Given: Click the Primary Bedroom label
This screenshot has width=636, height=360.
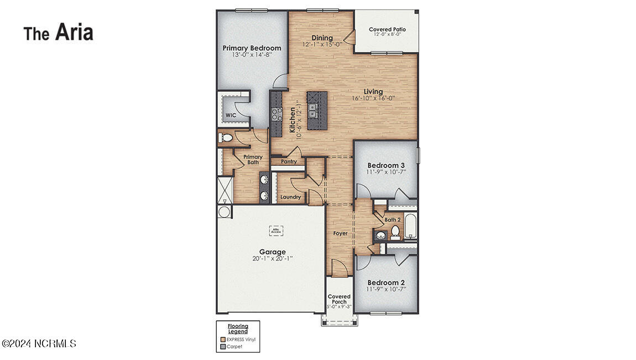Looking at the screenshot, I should [x=252, y=48].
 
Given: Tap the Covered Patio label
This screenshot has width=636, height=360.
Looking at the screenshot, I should [x=387, y=29].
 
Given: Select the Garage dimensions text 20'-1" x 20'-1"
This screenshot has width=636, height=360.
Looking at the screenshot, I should [x=273, y=258].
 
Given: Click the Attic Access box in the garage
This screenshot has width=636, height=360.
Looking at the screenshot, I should [x=276, y=229].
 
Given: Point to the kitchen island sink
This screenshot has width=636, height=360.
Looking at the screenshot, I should [x=312, y=111].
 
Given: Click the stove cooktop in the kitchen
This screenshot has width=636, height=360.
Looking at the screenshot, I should [x=276, y=114].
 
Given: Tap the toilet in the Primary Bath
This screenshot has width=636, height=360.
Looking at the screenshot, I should [x=226, y=138].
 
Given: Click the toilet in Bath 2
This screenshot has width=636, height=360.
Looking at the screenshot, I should [x=395, y=231].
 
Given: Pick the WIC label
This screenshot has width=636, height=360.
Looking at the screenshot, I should [x=231, y=115].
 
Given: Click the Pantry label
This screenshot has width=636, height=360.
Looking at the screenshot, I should [x=289, y=161].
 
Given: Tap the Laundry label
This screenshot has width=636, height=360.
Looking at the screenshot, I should [x=290, y=197].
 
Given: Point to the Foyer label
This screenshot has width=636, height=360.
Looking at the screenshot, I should [x=341, y=233].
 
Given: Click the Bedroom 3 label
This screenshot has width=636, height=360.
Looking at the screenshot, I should [x=386, y=165].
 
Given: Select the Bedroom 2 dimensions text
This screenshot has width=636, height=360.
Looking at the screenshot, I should [x=386, y=288].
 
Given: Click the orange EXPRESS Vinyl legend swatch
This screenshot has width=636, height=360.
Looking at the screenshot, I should [x=222, y=340].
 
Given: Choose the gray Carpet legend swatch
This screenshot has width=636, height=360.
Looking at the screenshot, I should [x=222, y=347].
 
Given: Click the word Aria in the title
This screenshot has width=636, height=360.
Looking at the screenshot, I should [x=74, y=33].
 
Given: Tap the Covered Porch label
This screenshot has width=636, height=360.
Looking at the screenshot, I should [x=339, y=299].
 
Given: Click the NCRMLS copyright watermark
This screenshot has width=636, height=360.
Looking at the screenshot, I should [x=39, y=343].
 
